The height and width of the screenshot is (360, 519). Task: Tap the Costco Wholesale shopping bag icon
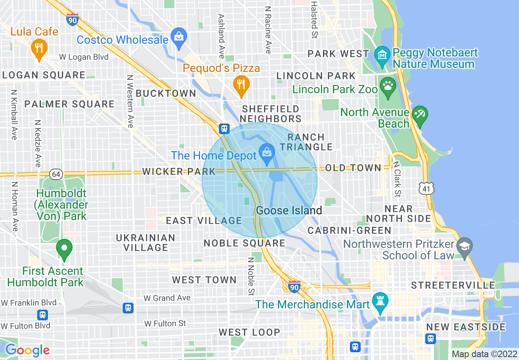[179, 36]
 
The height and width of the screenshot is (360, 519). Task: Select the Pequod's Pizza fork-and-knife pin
[241, 85]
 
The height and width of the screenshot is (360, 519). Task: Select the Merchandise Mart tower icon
[379, 303]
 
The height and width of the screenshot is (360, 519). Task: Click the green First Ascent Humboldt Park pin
[64, 248]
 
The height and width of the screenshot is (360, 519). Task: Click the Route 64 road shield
[56, 174]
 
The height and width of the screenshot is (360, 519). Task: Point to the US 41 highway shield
[426, 188]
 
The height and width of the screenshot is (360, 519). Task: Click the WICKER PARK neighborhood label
[178, 171]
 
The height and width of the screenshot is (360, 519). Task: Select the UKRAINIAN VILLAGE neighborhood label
[146, 243]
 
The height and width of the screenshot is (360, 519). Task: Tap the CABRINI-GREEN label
[350, 230]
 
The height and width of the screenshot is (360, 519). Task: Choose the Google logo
[27, 350]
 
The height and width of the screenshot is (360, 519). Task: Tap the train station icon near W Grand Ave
[129, 308]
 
